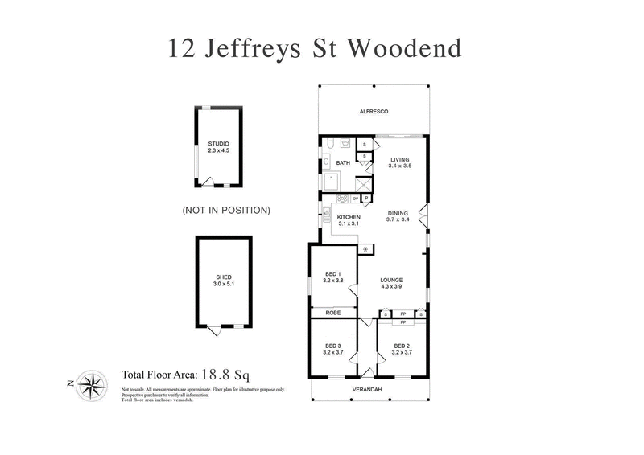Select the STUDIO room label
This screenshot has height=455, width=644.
tap(213, 144)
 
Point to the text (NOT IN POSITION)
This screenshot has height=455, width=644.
tap(226, 211)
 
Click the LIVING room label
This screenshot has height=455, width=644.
tap(400, 159)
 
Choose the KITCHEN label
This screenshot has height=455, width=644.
tap(349, 217)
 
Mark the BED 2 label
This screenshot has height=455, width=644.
tap(401, 346)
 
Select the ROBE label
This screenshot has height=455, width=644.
tap(333, 313)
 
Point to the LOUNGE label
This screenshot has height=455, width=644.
tap(392, 280)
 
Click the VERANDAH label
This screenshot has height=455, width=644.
tap(367, 390)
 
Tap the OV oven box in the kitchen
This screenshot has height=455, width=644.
tap(354, 199)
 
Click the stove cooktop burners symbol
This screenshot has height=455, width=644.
tap(341, 199)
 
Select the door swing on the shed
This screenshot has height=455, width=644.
tap(213, 330)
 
